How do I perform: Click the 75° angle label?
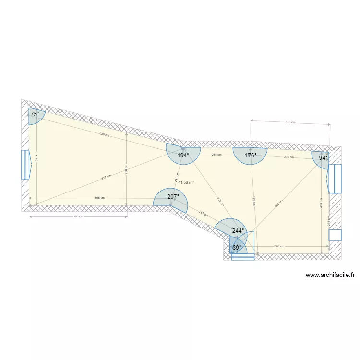point(35,114)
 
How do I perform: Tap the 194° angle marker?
point(183,156)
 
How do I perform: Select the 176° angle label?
point(251,156)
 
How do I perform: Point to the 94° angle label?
point(324,157)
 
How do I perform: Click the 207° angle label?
point(173,197)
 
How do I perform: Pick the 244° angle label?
point(238,231)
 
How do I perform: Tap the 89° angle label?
point(237,248)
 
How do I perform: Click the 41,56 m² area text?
point(186,182)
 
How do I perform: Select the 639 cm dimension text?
point(104,134)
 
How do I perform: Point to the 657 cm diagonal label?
point(106,177)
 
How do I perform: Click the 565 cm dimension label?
point(99,198)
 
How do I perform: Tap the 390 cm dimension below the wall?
point(78,216)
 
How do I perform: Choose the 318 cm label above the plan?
point(290,122)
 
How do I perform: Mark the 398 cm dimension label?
point(279,246)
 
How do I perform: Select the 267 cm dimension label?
point(203,214)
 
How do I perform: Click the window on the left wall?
point(25,165)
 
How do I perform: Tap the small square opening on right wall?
point(335,235)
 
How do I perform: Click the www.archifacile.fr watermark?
point(330,276)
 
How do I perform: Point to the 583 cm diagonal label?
point(277,203)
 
